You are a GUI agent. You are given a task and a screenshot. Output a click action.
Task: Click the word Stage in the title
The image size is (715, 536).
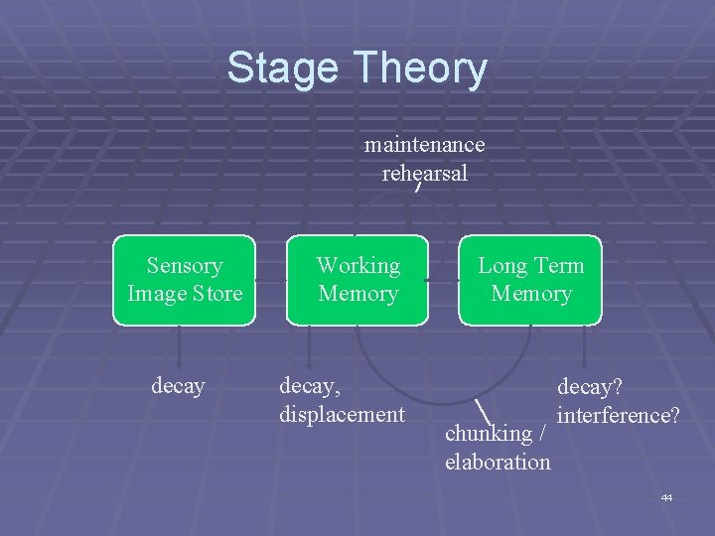point(282,69)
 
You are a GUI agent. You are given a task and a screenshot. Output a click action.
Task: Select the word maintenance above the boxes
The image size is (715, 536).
point(424,145)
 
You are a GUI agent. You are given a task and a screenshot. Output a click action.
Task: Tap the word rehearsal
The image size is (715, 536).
point(424,173)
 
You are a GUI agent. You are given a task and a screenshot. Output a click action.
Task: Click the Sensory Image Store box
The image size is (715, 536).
point(184,280)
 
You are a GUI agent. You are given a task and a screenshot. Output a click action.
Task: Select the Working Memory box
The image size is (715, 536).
point(357,280)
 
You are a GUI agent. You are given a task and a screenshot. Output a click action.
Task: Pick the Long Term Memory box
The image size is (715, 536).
point(530,280)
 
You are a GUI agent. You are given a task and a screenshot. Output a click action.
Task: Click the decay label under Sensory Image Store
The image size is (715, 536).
point(178,385)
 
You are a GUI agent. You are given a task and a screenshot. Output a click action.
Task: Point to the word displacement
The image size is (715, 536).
point(343,413)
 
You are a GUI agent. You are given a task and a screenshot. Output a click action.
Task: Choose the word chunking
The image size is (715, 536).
point(489,434)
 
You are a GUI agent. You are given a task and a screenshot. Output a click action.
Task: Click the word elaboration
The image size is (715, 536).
point(498,462)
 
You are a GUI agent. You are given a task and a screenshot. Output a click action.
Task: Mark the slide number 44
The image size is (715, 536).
point(666,497)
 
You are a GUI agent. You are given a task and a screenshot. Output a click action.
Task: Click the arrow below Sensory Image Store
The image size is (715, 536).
point(179,347)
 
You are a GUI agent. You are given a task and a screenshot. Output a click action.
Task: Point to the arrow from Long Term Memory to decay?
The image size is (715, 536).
point(585,347)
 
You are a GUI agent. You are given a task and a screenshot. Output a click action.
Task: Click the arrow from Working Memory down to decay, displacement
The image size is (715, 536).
point(309,347)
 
